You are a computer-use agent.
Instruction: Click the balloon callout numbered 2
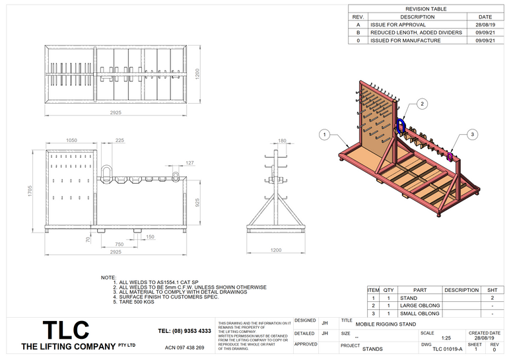pyautogui.click(x=423, y=104)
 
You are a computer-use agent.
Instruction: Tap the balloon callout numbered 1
pyautogui.click(x=323, y=135)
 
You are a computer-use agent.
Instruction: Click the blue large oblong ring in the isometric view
pyautogui.click(x=401, y=126)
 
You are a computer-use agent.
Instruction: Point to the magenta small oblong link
pyautogui.click(x=450, y=156)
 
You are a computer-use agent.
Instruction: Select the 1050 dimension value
pyautogui.click(x=72, y=141)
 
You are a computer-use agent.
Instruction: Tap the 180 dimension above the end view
pyautogui.click(x=283, y=141)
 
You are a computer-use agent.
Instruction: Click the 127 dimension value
pyautogui.click(x=190, y=162)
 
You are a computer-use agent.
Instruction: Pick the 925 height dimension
pyautogui.click(x=197, y=203)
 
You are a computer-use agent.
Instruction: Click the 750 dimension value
pyautogui.click(x=119, y=244)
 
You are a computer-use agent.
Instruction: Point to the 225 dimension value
pyautogui.click(x=119, y=141)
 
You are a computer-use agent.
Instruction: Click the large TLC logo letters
pyautogui.click(x=65, y=331)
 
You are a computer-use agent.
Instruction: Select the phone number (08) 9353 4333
pyautogui.click(x=185, y=331)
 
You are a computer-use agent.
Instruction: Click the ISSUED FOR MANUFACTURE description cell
pyautogui.click(x=405, y=40)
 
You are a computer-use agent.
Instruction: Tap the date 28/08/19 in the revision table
pyautogui.click(x=485, y=24)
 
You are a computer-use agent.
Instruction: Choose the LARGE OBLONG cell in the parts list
pyautogui.click(x=419, y=305)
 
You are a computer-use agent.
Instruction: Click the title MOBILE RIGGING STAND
pyautogui.click(x=386, y=325)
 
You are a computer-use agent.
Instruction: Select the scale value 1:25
pyautogui.click(x=446, y=338)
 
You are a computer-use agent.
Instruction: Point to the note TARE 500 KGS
pyautogui.click(x=136, y=302)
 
